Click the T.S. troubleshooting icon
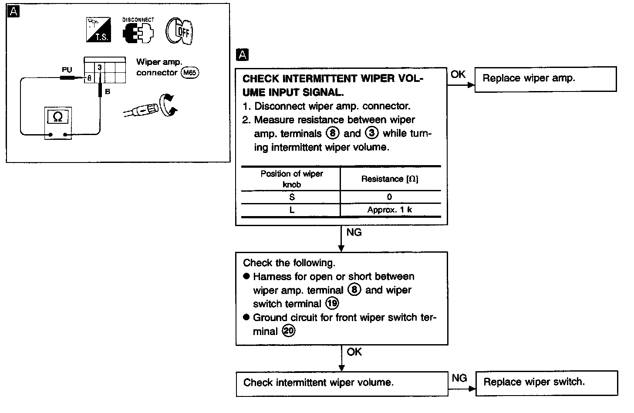(98, 30)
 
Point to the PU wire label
(67, 70)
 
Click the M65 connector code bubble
(190, 73)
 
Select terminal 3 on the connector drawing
(100, 68)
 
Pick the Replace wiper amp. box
(545, 79)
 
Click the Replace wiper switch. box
(546, 383)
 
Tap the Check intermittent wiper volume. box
(342, 383)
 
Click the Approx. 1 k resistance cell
(390, 210)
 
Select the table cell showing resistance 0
(389, 197)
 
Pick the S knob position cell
(292, 197)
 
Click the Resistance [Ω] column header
(390, 179)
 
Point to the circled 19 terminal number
(332, 304)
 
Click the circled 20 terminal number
(288, 331)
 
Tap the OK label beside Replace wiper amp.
(458, 74)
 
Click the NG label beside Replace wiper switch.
(459, 378)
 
